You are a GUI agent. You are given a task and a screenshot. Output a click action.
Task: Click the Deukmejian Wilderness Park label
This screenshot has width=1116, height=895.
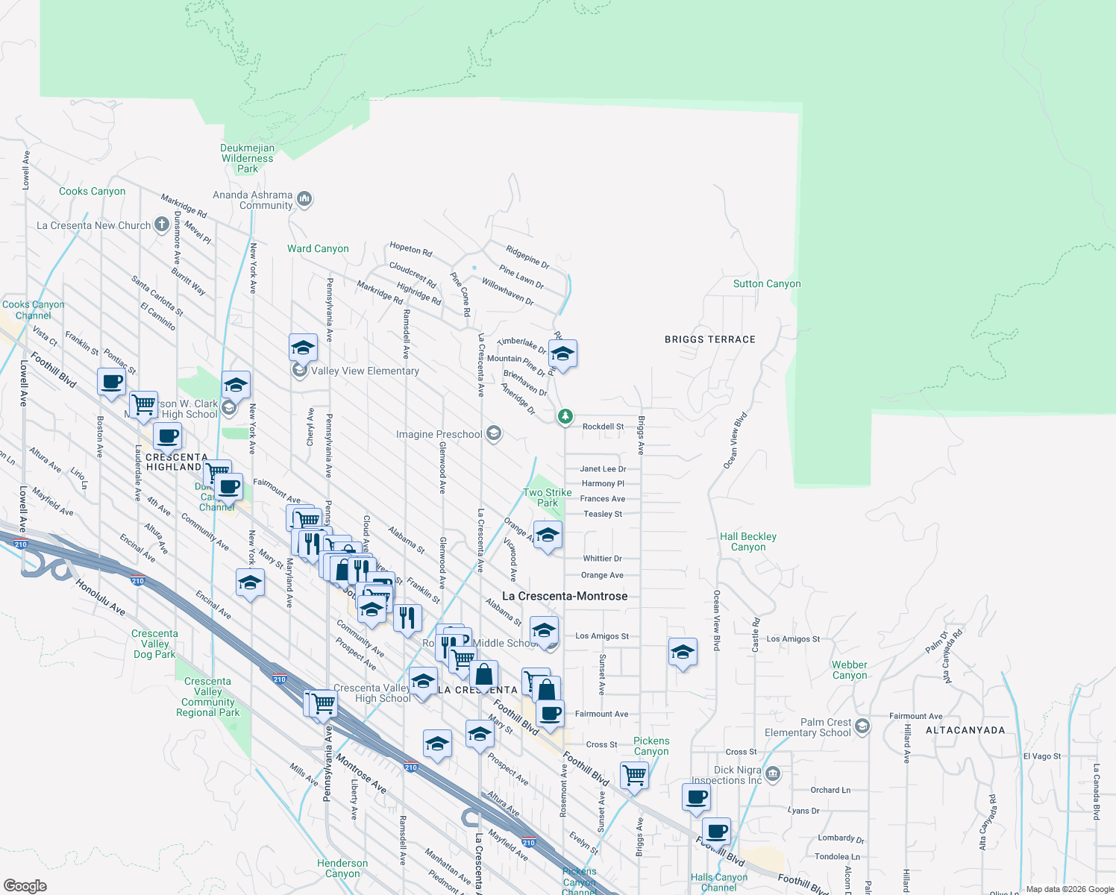[248, 159]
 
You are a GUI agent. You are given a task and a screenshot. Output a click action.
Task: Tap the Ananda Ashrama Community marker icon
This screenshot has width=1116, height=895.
[304, 199]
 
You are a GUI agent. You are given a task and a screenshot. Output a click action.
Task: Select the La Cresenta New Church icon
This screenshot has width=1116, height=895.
[162, 224]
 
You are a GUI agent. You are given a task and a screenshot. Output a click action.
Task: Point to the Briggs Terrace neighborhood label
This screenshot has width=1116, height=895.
[710, 339]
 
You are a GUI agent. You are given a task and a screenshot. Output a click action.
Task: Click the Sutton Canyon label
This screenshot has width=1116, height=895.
[767, 284]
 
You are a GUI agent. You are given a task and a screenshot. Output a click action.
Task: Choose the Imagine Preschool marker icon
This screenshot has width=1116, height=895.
[493, 433]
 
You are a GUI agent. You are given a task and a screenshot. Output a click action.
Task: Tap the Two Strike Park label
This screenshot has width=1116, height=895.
[548, 497]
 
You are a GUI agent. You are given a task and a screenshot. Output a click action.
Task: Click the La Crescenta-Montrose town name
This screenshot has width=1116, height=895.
[565, 596]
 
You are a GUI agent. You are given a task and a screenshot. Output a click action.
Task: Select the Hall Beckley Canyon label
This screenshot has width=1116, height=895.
[748, 541]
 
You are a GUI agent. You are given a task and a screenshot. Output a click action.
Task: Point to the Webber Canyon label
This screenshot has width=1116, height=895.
[850, 670]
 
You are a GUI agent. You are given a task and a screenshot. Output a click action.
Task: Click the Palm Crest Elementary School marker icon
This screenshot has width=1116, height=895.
[862, 726]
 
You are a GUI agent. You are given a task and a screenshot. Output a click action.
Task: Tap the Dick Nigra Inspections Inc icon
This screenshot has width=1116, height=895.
[773, 774]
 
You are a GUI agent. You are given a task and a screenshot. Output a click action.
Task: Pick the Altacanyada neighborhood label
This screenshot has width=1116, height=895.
[965, 730]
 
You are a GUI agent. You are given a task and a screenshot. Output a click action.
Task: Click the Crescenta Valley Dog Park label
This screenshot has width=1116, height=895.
[155, 644]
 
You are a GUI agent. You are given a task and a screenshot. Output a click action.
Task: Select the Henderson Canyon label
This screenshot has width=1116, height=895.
[342, 868]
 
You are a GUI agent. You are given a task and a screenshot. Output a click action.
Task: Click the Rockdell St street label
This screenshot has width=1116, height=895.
[603, 427]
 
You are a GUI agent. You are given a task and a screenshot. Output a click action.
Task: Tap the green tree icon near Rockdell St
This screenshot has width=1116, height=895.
[565, 416]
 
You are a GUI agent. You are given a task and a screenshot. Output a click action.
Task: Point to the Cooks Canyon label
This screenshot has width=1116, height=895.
[93, 192]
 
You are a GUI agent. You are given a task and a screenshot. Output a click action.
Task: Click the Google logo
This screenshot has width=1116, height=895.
[25, 886]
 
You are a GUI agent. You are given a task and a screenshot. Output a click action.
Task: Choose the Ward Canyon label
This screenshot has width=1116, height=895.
[318, 249]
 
